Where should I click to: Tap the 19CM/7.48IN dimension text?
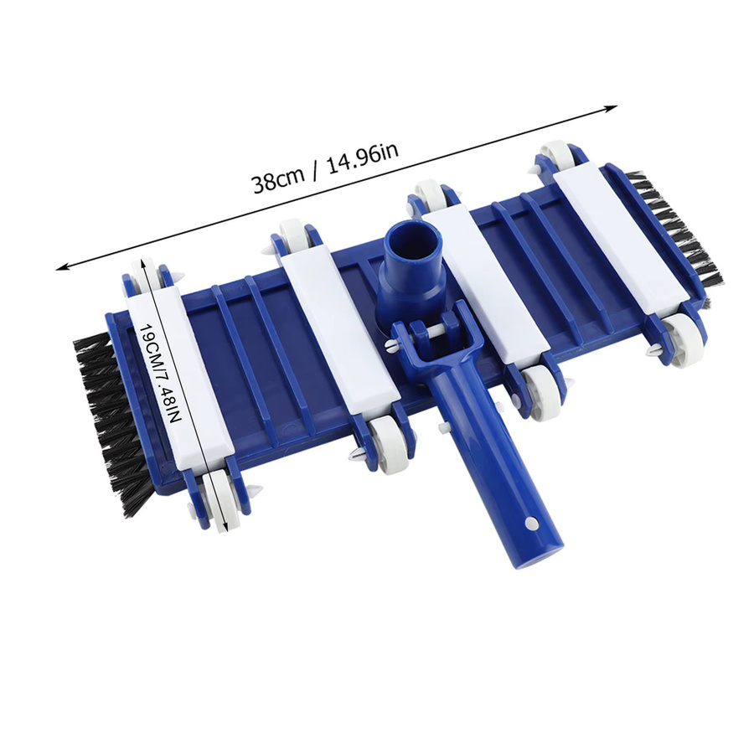pos(161,373)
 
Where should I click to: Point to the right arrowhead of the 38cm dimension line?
pos(612,108)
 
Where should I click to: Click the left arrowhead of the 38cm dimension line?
pos(63,266)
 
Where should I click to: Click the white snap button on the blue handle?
pos(530,522)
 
